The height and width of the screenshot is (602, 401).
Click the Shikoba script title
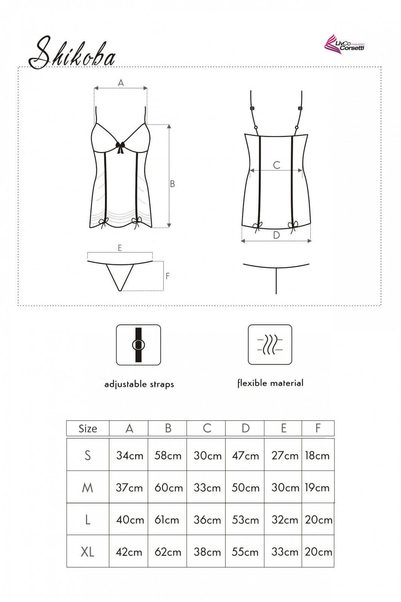point(72,53)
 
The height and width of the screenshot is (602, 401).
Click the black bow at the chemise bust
point(121,147)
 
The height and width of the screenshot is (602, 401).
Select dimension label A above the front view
point(121,82)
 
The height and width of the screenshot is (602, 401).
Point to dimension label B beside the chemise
point(172,184)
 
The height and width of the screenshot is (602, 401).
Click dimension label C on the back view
point(276,165)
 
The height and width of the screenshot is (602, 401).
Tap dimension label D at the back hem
point(276,235)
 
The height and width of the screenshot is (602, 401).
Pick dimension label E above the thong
point(120,248)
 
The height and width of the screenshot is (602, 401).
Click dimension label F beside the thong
point(167,276)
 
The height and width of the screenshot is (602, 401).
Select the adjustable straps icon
point(138,345)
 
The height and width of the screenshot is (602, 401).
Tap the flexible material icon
point(270,344)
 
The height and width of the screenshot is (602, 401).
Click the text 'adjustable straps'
point(139,384)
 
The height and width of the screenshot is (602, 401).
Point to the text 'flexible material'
point(270,383)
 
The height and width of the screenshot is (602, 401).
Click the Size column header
point(88,429)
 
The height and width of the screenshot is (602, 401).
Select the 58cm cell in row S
point(168,456)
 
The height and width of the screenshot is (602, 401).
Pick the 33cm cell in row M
point(207,488)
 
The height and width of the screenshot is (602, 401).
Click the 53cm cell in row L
point(245,520)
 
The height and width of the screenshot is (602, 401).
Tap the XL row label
point(87,552)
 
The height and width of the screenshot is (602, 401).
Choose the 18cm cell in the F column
point(317,456)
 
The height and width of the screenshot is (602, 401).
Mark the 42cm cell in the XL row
point(129,552)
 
